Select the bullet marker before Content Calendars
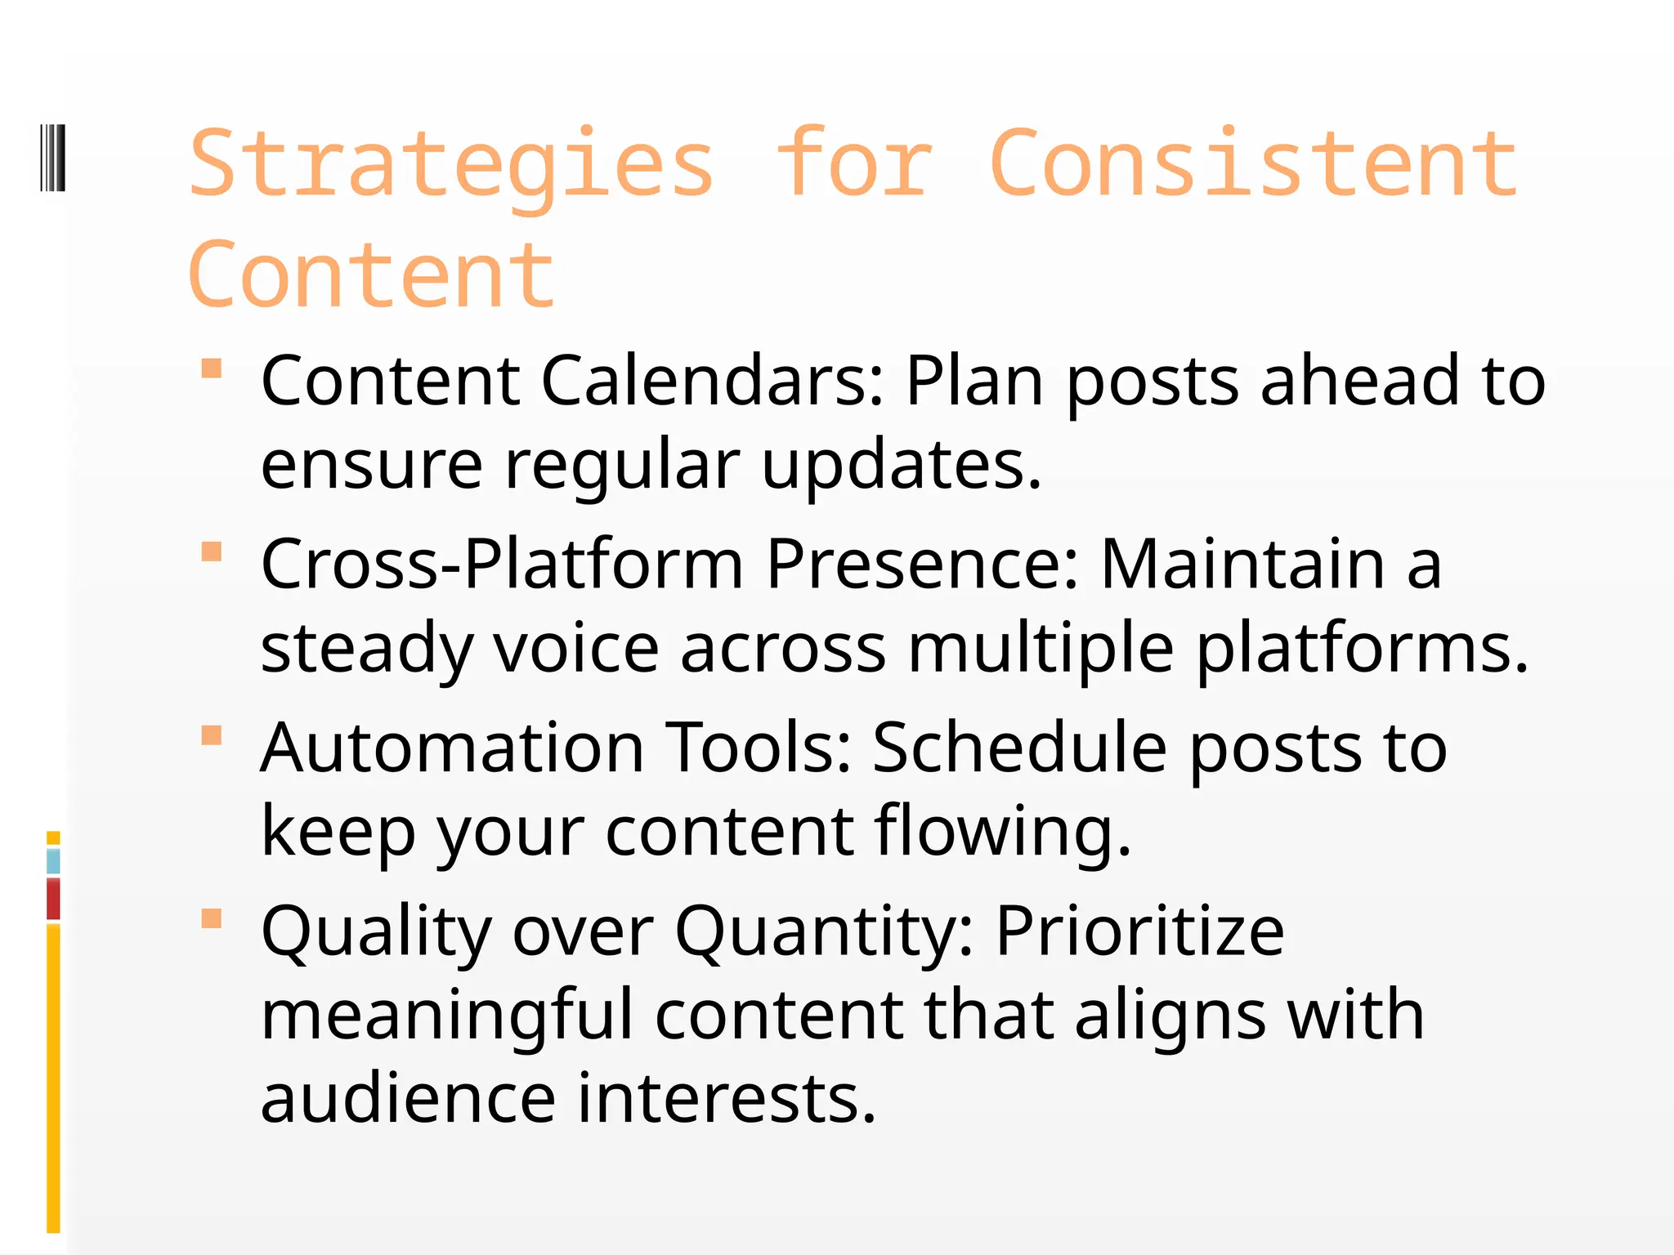pos(212,368)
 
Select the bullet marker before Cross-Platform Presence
pos(212,552)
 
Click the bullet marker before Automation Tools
pos(212,736)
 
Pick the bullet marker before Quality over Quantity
pos(212,919)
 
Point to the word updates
pos(901,464)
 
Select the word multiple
pos(1041,648)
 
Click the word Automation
pos(453,748)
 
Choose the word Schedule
pos(1019,748)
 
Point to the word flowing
pos(1003,831)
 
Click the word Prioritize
pos(1139,931)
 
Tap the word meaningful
pos(447,1015)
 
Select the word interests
pos(727,1098)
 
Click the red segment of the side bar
pos(53,899)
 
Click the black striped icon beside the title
pos(53,158)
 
